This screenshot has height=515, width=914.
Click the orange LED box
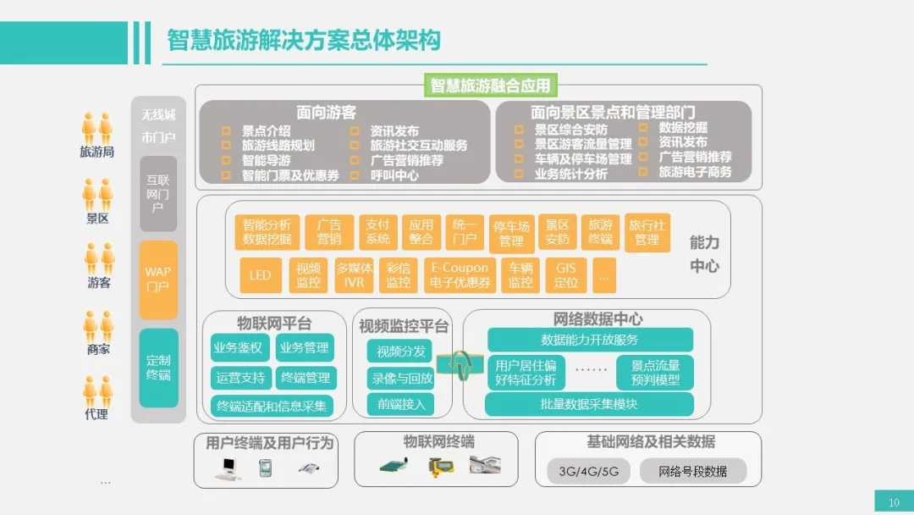(x=260, y=275)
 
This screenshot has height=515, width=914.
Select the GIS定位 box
(x=566, y=275)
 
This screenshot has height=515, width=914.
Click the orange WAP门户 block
(x=158, y=279)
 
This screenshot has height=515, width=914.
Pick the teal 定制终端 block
(x=158, y=368)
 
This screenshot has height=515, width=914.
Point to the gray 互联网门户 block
(x=158, y=193)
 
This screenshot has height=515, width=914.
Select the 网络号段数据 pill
(x=692, y=471)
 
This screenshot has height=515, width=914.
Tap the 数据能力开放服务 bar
(x=590, y=340)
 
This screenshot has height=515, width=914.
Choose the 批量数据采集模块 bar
(x=589, y=404)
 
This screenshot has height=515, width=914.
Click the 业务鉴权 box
(x=238, y=347)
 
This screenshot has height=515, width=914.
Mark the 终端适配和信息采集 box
(x=272, y=406)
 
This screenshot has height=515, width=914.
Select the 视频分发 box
(x=401, y=351)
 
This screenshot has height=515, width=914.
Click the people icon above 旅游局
(x=97, y=129)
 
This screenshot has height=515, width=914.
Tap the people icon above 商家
(x=97, y=326)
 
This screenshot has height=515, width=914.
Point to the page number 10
(x=894, y=502)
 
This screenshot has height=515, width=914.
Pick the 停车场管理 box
(x=512, y=234)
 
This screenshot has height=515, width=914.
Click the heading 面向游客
(x=326, y=112)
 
